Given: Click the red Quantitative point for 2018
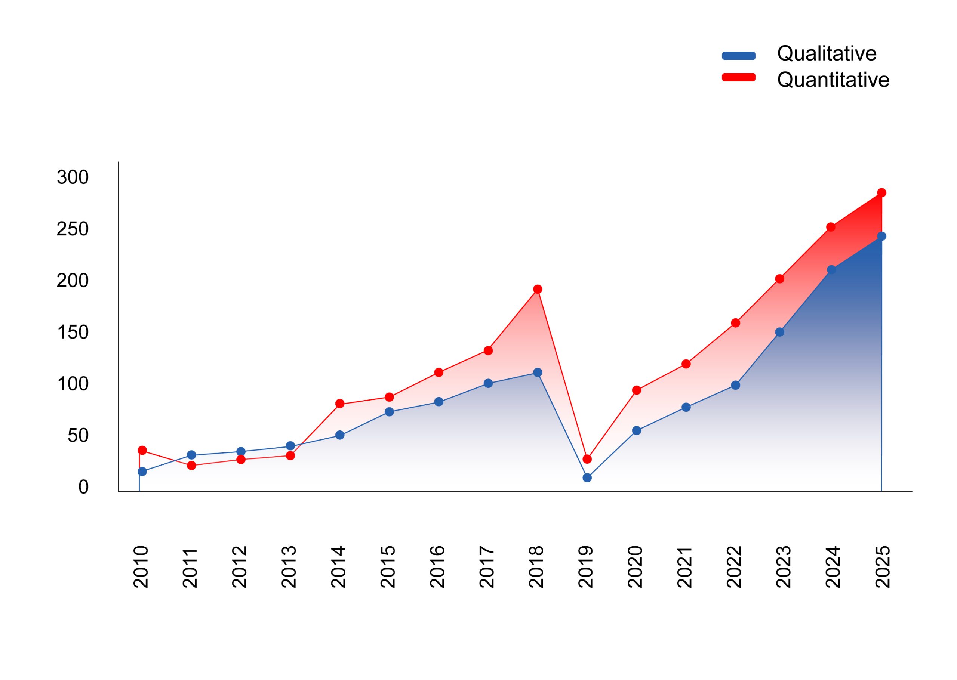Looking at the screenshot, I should [538, 289].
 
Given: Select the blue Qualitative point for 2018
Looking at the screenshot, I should [538, 372].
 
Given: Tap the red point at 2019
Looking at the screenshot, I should [587, 459].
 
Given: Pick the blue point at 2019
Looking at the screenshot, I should [587, 478].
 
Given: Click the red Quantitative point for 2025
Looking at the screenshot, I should [881, 193].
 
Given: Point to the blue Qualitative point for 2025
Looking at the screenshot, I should [881, 236].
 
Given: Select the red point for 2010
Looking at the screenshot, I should [142, 450].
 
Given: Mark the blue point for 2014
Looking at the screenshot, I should [340, 435].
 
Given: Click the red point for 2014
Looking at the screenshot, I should [340, 404].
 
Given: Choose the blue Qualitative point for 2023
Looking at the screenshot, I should [780, 332].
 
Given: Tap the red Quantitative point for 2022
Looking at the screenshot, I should [735, 323].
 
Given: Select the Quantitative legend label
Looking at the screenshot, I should [833, 80].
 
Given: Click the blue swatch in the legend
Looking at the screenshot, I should [739, 56].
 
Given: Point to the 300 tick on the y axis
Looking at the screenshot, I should [73, 177].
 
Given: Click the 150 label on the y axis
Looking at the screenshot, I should [73, 333].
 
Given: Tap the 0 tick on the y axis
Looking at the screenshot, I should [83, 487].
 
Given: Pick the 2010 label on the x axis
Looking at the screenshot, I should [141, 566].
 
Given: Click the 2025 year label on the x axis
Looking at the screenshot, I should [883, 566].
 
